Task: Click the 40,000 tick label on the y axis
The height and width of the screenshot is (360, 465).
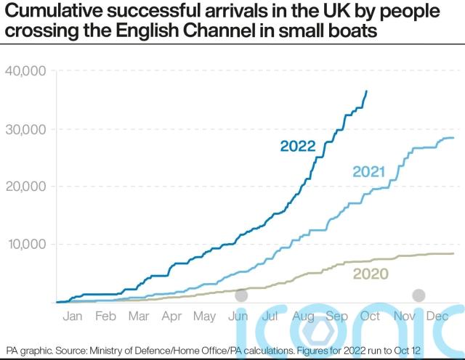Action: (25, 70)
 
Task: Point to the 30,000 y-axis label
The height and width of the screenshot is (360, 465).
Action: (25, 128)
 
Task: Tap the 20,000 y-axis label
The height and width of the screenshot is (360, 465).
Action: (25, 186)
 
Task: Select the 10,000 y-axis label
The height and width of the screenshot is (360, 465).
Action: (25, 244)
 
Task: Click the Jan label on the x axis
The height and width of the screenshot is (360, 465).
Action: (72, 316)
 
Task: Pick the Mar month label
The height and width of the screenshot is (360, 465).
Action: (138, 316)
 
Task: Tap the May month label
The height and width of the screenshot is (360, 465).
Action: (206, 316)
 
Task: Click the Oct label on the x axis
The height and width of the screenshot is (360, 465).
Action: (371, 316)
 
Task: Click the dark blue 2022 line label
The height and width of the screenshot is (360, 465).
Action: (298, 147)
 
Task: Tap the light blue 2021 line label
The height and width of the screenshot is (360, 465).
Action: (368, 172)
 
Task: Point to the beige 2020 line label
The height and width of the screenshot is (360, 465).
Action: (371, 274)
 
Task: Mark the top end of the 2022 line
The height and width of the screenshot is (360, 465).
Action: (367, 91)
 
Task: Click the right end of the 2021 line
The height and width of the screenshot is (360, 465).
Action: (454, 138)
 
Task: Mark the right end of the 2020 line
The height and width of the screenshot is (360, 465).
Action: (454, 253)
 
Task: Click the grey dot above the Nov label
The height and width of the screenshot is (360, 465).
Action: (418, 295)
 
